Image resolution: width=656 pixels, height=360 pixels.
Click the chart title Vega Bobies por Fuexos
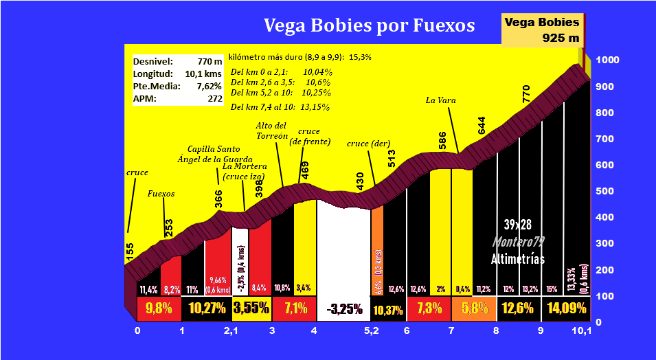(x=370, y=26)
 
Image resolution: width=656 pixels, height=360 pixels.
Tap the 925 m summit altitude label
(x=561, y=38)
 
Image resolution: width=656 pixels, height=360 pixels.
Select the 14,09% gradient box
(x=567, y=308)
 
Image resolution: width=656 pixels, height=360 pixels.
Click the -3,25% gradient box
(x=343, y=309)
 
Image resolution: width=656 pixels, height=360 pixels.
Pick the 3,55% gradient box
(x=252, y=308)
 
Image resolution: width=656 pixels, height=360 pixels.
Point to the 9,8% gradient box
(x=159, y=308)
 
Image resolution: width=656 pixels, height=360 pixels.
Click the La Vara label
(x=441, y=100)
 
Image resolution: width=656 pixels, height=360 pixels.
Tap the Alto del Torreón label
(x=271, y=131)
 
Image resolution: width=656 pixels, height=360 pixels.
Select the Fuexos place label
(x=161, y=194)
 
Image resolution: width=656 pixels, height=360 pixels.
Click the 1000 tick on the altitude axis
(x=608, y=60)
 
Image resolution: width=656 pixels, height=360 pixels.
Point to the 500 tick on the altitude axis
(x=605, y=191)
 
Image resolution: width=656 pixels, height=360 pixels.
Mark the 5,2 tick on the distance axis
(x=372, y=331)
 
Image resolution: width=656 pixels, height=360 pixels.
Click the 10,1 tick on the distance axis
(x=581, y=331)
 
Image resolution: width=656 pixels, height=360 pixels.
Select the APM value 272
(x=213, y=99)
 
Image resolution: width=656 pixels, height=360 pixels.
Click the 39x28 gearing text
(x=518, y=225)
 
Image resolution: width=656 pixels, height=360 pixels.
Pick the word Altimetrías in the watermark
(x=518, y=259)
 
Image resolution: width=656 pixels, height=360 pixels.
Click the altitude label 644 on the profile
(x=482, y=126)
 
